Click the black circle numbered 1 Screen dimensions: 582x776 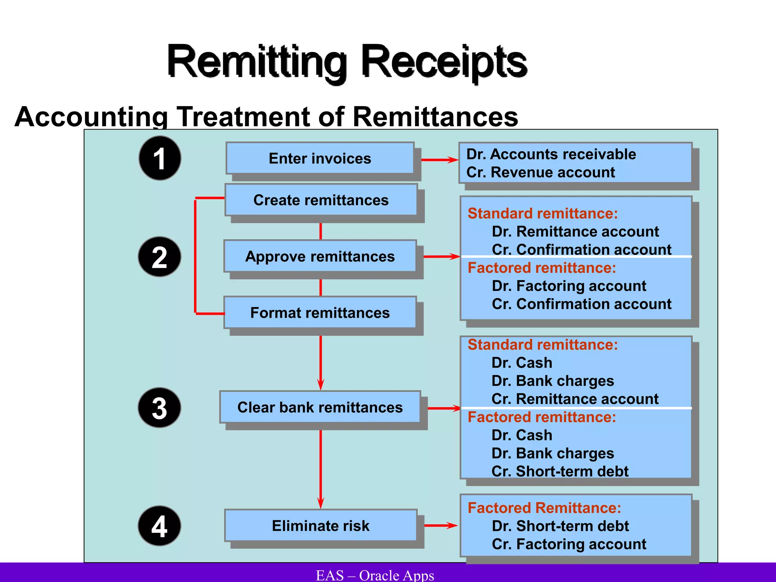tap(160, 158)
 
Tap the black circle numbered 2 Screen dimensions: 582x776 tap(160, 257)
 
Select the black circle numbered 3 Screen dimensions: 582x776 tap(160, 408)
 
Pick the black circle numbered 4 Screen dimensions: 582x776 tap(160, 526)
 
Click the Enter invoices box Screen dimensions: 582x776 tap(320, 158)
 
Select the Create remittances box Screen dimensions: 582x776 tap(321, 200)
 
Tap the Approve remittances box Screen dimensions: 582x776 tap(320, 256)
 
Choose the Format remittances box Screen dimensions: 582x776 tap(320, 313)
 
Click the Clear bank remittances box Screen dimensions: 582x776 tap(320, 407)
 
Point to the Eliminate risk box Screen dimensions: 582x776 tap(321, 526)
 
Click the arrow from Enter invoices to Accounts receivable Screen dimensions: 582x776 tap(440, 160)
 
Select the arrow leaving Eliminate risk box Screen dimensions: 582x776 tap(441, 526)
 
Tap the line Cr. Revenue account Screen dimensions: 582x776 tap(540, 172)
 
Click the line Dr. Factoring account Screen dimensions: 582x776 tap(569, 286)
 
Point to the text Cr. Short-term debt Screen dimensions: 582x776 tap(560, 471)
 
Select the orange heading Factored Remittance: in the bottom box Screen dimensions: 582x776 tap(544, 508)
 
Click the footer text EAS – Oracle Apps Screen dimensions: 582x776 tap(375, 575)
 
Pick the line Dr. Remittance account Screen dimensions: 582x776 tap(575, 232)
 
